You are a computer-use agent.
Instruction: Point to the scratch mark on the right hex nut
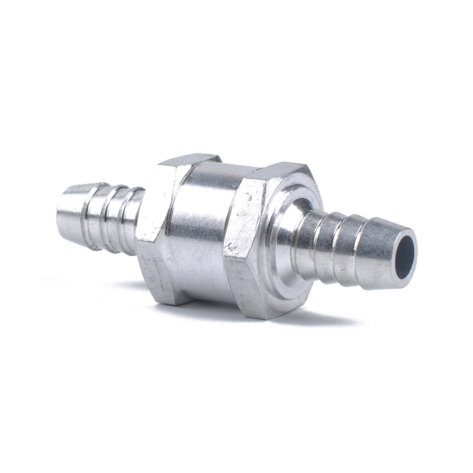point(230,245)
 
